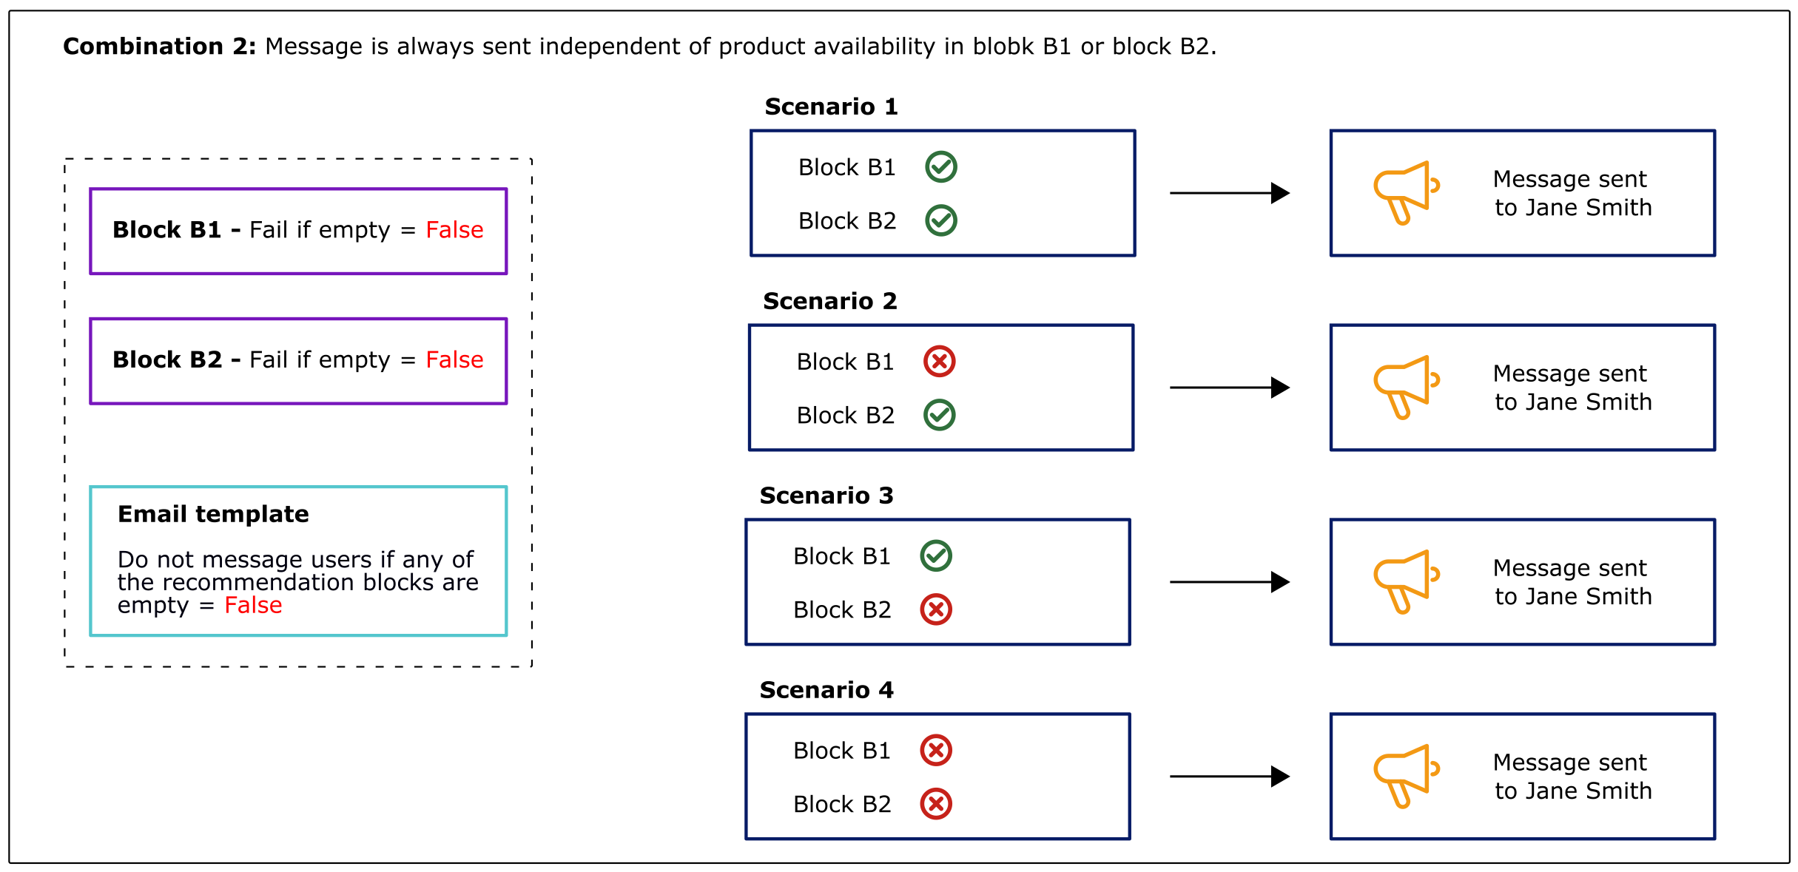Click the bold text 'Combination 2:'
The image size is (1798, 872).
[x=159, y=47]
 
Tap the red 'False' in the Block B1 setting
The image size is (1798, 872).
[x=454, y=230]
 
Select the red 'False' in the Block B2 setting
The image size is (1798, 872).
[x=454, y=360]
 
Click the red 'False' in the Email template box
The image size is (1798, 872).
[x=253, y=606]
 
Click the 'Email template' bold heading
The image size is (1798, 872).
[x=213, y=514]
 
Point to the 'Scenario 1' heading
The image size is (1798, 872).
[x=831, y=107]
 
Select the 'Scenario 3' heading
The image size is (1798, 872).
[x=826, y=496]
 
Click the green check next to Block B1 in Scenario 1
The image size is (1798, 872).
[x=941, y=167]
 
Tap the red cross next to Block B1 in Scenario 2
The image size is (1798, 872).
[x=940, y=362]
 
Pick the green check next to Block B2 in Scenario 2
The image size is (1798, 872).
[x=940, y=415]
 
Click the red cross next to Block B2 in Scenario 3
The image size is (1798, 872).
[x=936, y=609]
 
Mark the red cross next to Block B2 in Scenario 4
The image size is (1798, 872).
[x=936, y=804]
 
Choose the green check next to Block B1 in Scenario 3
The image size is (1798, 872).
[x=936, y=556]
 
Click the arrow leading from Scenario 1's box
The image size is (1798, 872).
[x=1229, y=193]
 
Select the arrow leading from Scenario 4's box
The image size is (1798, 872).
[x=1229, y=777]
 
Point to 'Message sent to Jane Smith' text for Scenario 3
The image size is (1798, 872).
[x=1572, y=582]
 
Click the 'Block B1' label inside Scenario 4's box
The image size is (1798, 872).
[x=841, y=751]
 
